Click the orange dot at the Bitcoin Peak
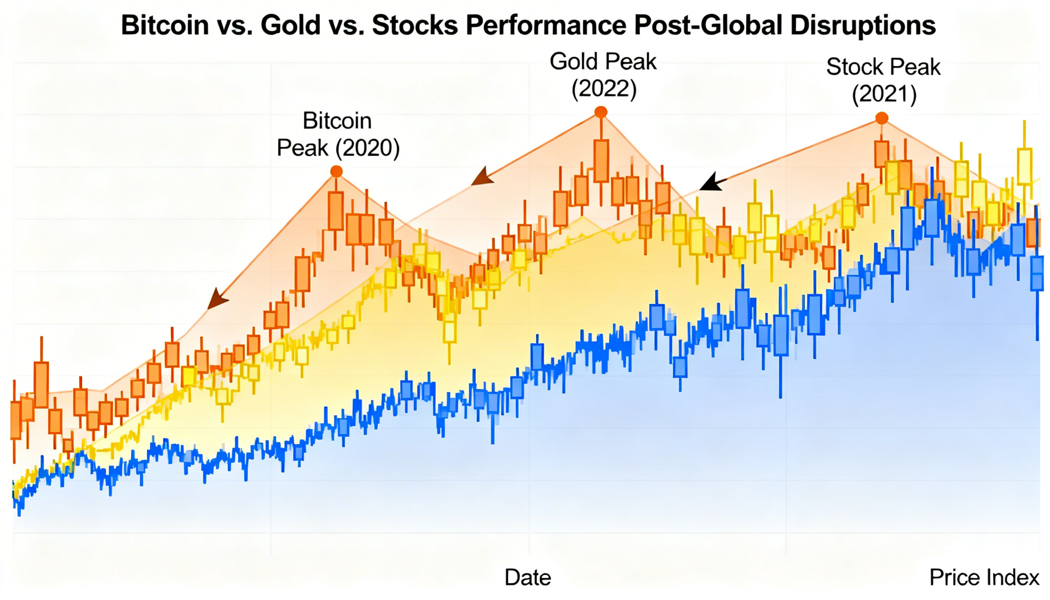(x=337, y=171)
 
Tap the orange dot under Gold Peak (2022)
(x=601, y=112)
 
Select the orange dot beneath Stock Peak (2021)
(x=881, y=119)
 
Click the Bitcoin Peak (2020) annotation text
(x=338, y=135)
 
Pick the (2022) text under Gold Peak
(x=604, y=88)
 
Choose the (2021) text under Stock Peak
(x=884, y=94)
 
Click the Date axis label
(x=528, y=577)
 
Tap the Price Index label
(x=984, y=577)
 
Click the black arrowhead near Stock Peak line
(x=711, y=183)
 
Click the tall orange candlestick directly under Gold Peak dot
(x=601, y=161)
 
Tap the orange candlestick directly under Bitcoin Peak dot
(x=336, y=210)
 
